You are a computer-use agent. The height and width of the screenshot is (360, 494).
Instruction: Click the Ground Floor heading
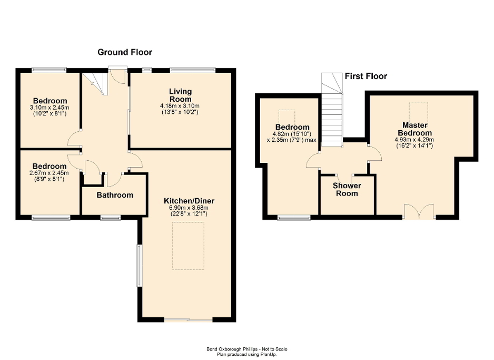tap(125, 52)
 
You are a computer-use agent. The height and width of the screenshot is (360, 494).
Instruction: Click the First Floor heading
tap(365, 76)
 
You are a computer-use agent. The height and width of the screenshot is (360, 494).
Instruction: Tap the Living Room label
tap(180, 95)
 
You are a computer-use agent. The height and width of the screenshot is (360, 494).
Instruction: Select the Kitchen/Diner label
tap(189, 201)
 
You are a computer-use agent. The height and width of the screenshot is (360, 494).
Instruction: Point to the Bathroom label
tap(114, 195)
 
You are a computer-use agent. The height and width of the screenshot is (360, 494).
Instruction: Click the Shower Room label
tap(347, 190)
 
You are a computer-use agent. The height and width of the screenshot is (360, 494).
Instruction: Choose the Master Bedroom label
tap(413, 129)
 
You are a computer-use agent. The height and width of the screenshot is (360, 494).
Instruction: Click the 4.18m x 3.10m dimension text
tap(180, 106)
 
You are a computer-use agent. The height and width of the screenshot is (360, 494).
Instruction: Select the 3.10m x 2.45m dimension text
tap(50, 108)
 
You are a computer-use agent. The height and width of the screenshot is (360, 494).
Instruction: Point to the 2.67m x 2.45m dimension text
tap(50, 173)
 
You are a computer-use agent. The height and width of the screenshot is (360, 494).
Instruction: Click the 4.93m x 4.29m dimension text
tap(413, 140)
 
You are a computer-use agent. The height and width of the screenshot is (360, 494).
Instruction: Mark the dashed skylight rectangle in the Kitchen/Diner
tap(189, 246)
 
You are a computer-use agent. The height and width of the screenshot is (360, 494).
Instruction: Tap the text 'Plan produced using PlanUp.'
tap(247, 355)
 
